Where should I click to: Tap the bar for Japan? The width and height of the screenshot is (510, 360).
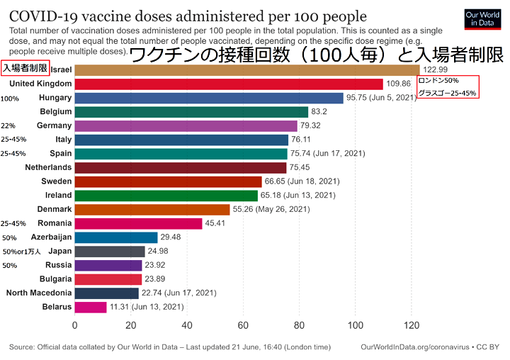[110, 251]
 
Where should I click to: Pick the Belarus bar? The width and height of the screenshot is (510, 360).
[90, 307]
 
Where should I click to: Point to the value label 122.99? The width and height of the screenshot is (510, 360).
[436, 69]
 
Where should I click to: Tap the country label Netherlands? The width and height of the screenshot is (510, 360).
[48, 167]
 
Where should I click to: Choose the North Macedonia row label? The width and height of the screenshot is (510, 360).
[39, 293]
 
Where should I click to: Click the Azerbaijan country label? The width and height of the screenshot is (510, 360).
[52, 237]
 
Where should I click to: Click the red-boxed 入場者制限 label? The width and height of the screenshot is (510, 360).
[25, 68]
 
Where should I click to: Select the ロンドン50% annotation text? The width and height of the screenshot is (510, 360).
[439, 81]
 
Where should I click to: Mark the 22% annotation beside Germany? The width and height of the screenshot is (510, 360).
[8, 125]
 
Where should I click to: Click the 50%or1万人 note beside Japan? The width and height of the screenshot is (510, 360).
[22, 252]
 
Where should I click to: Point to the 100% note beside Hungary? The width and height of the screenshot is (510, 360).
[10, 99]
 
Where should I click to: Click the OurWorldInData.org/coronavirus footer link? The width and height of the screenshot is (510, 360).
[419, 347]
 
